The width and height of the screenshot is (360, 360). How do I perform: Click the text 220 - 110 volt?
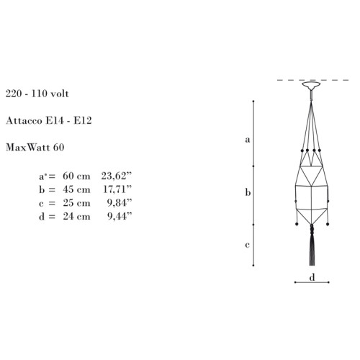tap(37, 94)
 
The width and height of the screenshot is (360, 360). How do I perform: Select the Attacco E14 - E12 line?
tap(49, 120)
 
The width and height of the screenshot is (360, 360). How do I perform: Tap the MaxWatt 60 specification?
tap(35, 148)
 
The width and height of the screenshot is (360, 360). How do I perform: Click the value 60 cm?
tap(76, 176)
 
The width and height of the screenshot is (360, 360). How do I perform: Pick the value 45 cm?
tap(76, 189)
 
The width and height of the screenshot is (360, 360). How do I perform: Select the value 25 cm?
tap(76, 203)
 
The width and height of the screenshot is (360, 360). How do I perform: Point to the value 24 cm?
tap(76, 216)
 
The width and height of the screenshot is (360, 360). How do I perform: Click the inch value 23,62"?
tap(117, 176)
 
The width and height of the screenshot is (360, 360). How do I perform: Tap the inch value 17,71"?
tap(117, 189)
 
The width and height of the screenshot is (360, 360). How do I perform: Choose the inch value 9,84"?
tap(120, 203)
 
